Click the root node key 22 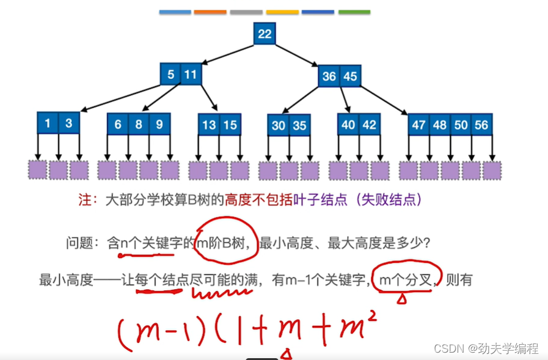point(264,34)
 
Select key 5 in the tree point(170,75)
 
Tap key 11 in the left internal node point(191,75)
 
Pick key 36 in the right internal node point(329,76)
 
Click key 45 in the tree point(350,76)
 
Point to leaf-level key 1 point(48,123)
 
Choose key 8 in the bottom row point(139,124)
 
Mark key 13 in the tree point(209,125)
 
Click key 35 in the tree point(299,125)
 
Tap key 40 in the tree point(348,125)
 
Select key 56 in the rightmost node point(481,125)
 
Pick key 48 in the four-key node point(439,125)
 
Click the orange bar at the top point(210,12)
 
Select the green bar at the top point(354,12)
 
